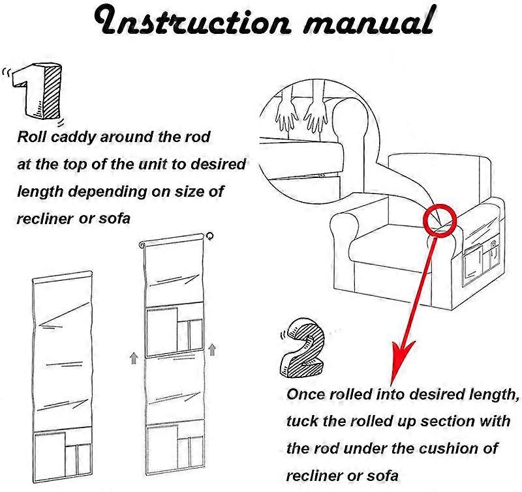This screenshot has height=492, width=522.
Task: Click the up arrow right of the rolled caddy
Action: click(213, 351)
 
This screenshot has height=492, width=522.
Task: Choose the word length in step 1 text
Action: click(38, 191)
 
